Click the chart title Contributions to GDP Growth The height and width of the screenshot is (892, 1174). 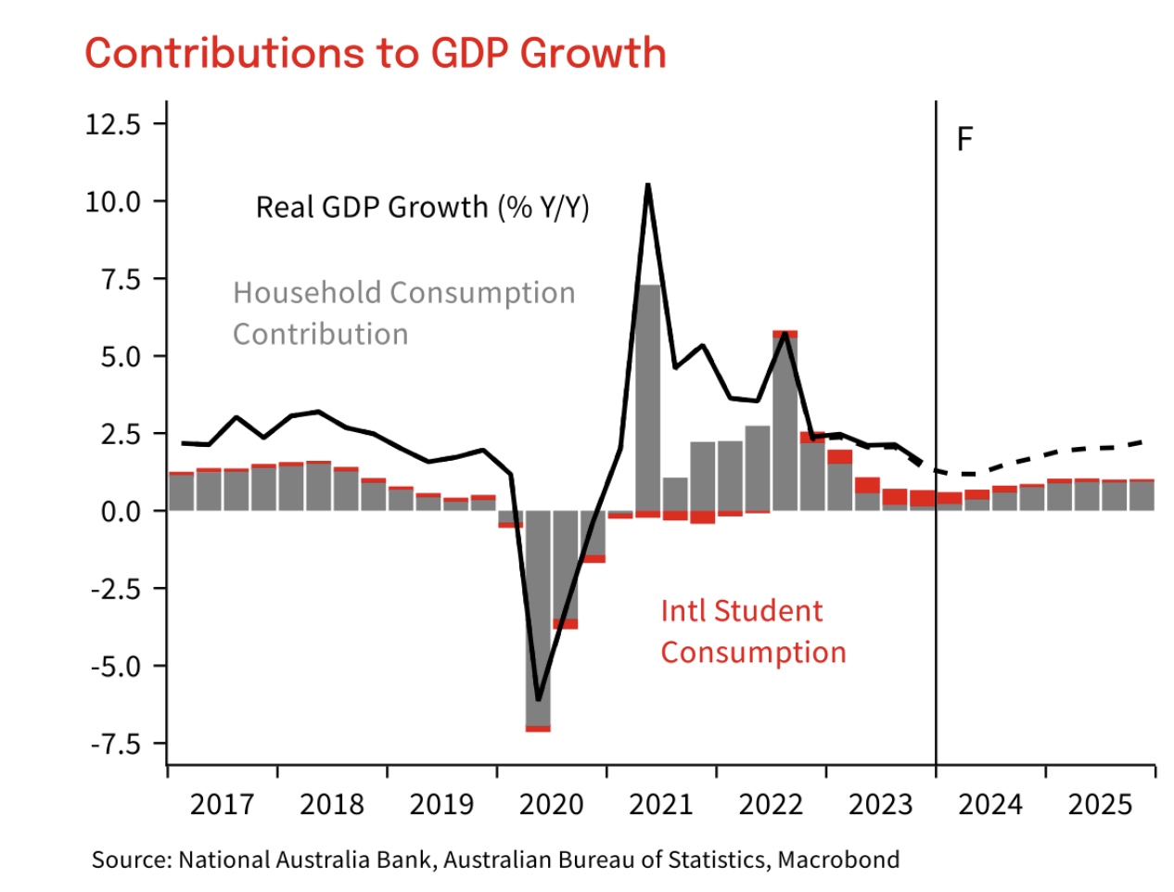[x=376, y=53]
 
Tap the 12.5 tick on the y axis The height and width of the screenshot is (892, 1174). [x=113, y=124]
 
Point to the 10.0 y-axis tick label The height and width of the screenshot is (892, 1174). [x=113, y=201]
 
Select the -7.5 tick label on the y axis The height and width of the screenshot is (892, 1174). [x=115, y=744]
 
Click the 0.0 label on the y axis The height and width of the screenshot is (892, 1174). [x=121, y=511]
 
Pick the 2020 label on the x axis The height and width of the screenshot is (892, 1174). [x=551, y=804]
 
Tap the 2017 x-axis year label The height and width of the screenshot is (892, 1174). [x=222, y=804]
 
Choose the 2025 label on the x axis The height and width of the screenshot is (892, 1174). [x=1100, y=804]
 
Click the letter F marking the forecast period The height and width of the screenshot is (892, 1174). [x=964, y=140]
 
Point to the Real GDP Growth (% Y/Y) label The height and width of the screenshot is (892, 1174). [x=422, y=207]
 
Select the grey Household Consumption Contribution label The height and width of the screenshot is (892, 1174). [x=403, y=313]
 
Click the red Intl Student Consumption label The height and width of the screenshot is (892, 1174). [x=753, y=631]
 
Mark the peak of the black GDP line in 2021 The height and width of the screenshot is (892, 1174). [x=647, y=185]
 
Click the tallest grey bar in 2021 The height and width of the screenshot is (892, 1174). [x=648, y=399]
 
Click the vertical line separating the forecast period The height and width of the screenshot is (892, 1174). [x=936, y=371]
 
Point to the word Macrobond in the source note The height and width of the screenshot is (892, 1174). [x=838, y=860]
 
